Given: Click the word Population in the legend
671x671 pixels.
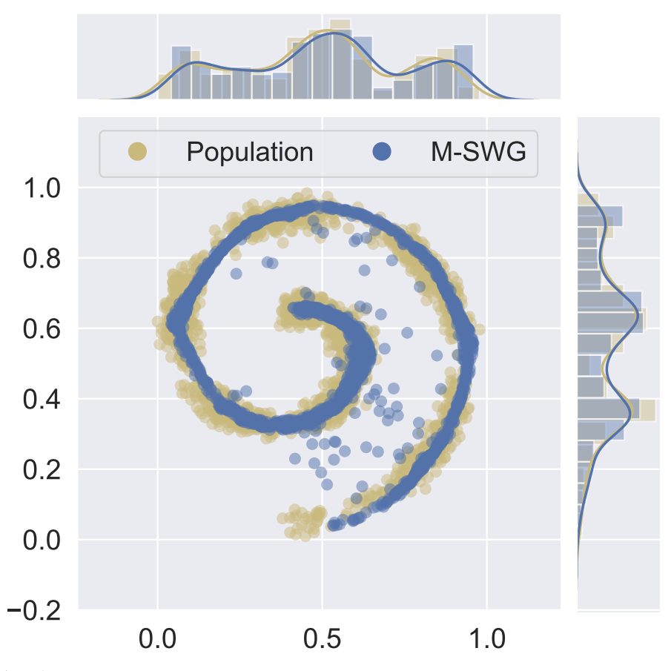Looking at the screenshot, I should pyautogui.click(x=249, y=152).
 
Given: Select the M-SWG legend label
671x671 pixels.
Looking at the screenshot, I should pyautogui.click(x=477, y=152).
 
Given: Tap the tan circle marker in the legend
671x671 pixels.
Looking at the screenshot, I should pyautogui.click(x=138, y=152).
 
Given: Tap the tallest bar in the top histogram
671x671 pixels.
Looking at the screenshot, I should pyautogui.click(x=340, y=59).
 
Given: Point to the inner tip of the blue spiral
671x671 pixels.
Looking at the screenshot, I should pyautogui.click(x=299, y=309).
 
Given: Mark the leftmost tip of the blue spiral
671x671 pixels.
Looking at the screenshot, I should pyautogui.click(x=175, y=321).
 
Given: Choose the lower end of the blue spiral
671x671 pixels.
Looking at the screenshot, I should pyautogui.click(x=335, y=524).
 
